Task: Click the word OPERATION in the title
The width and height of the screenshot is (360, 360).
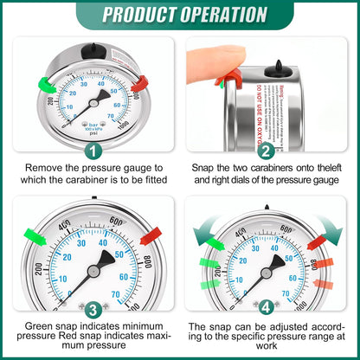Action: tap(220, 15)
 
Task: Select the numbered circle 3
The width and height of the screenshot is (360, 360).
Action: tap(91, 308)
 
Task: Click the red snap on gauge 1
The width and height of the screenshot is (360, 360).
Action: tap(142, 83)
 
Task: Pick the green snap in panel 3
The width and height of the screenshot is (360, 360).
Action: tap(29, 235)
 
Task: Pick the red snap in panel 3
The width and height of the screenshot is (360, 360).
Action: tap(151, 235)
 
